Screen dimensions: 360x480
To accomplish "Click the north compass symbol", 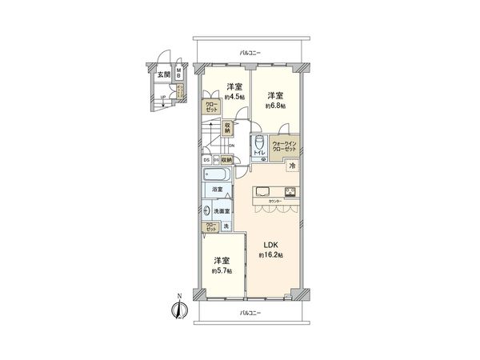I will pos(178,307).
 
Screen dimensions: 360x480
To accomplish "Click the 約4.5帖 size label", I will pos(234,97).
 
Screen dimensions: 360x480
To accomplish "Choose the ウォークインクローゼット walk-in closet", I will pos(284,148).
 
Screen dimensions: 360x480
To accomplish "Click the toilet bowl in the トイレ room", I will pos(258,142).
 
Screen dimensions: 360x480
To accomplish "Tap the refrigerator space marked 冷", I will pos(292,166).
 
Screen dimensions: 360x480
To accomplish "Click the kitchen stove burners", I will pos(290,192).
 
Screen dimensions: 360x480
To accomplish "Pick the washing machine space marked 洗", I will pos(225,227).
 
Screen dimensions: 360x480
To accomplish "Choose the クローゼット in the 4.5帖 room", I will pos(210,106).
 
